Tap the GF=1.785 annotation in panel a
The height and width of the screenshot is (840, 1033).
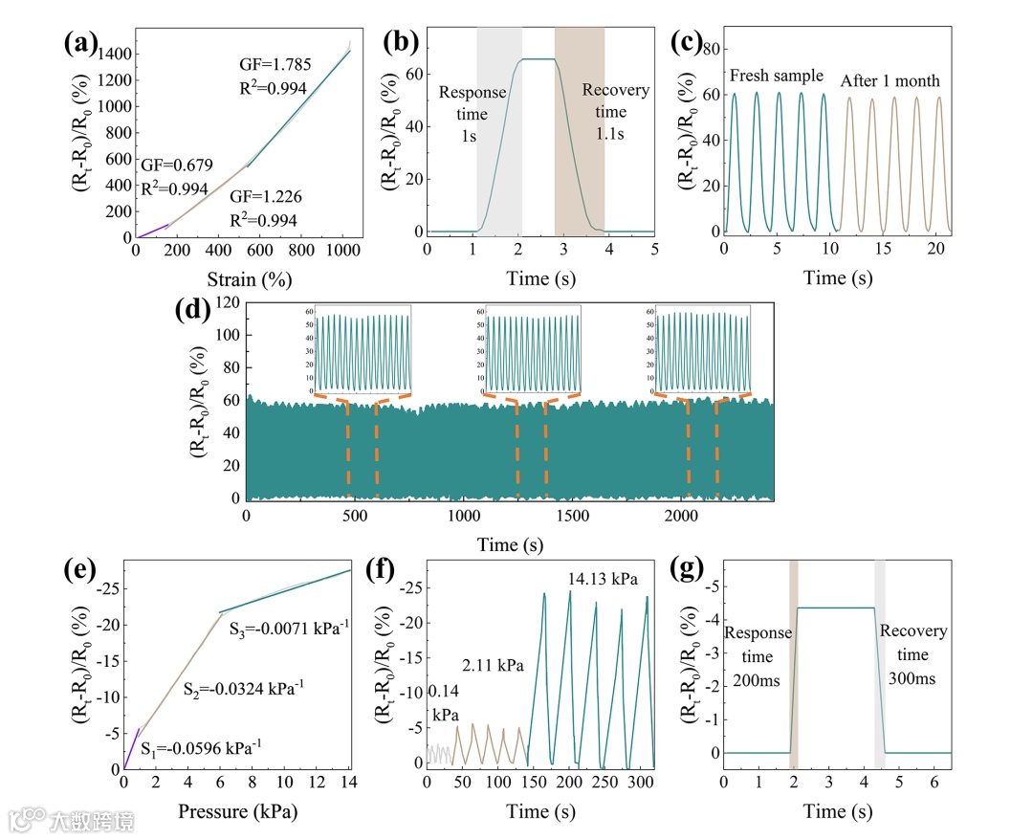[x=273, y=65]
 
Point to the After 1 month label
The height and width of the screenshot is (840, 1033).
[x=890, y=80]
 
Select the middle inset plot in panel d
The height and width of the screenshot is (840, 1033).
[x=533, y=350]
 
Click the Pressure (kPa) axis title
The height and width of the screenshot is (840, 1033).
[x=236, y=812]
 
